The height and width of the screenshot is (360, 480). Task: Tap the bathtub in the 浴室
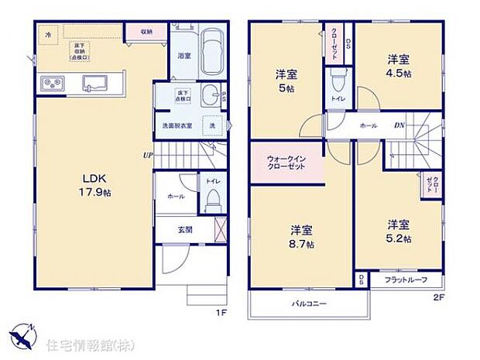point(211,54)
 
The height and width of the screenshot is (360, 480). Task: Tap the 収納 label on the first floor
point(147,32)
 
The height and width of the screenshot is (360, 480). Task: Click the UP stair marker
point(147,155)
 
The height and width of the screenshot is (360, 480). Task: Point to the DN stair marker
point(399,124)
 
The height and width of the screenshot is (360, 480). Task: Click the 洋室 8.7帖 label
point(302,236)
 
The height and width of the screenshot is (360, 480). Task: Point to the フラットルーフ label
point(406,279)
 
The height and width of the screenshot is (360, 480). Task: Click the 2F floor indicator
point(437,297)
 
